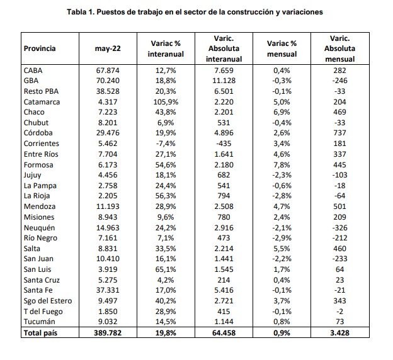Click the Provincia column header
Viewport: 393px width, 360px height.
(40, 48)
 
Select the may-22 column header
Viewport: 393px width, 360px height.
(108, 48)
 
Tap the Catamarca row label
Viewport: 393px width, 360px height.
(42, 102)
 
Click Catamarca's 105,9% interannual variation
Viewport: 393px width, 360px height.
(166, 102)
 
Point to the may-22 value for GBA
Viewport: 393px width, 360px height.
(108, 81)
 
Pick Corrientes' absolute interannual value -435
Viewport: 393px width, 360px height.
(224, 143)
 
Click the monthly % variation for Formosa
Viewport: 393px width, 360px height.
(282, 165)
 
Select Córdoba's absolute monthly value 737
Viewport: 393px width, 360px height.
(339, 133)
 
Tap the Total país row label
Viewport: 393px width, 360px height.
(40, 333)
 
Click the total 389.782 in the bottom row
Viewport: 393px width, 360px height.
(108, 333)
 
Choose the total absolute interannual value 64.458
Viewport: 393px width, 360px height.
(224, 333)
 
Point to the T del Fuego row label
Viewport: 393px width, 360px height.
(43, 312)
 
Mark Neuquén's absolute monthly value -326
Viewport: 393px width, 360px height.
(339, 228)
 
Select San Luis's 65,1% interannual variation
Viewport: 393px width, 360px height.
(166, 269)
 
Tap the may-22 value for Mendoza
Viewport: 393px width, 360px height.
(108, 206)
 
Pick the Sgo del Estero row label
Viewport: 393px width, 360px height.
(48, 301)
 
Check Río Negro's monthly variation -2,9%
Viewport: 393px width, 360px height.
(282, 238)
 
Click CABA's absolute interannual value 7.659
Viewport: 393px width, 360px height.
(224, 70)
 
